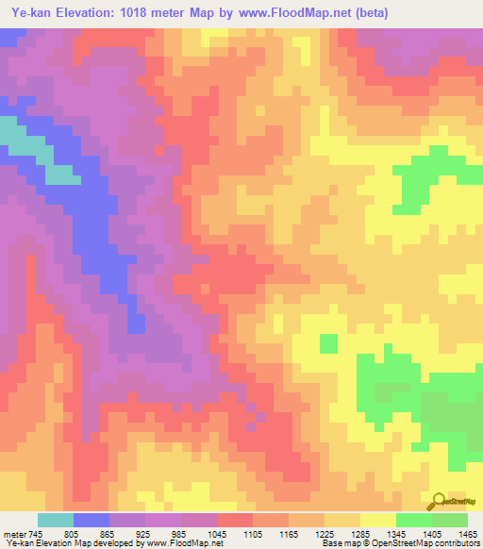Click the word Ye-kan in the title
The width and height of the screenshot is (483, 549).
pos(29,12)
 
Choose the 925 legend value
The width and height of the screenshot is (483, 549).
pos(145,533)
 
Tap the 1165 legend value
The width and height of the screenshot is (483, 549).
pos(290,533)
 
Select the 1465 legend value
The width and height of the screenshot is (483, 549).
pos(467,533)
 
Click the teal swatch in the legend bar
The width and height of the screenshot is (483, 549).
pos(56,520)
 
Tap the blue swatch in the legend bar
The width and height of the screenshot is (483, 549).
pos(92,520)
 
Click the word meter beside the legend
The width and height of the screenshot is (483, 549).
pos(14,533)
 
